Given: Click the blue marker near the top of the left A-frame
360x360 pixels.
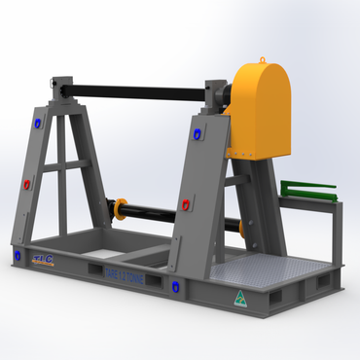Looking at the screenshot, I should (37, 124).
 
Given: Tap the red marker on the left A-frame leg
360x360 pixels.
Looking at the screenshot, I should (27, 183).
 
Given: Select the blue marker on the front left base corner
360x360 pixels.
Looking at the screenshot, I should (17, 255).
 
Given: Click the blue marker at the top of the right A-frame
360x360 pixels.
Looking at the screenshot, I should (196, 133).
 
